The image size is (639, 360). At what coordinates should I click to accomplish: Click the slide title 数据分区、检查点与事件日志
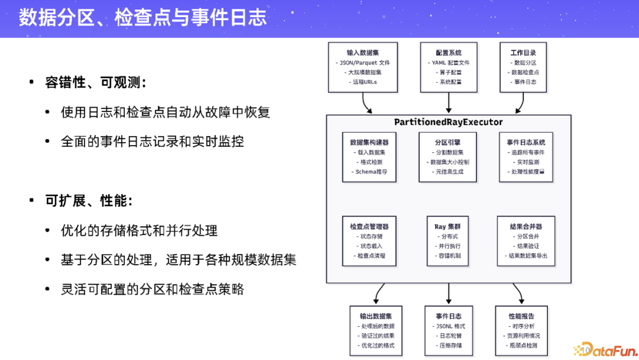(143, 18)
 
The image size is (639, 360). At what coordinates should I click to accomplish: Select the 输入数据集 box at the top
(362, 67)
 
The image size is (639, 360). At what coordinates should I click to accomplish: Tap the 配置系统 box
(448, 67)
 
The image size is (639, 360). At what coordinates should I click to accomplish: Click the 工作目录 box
(522, 67)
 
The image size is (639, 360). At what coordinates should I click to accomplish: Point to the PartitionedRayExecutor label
(448, 122)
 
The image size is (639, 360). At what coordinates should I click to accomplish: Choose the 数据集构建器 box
(369, 157)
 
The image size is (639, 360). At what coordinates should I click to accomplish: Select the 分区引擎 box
(448, 157)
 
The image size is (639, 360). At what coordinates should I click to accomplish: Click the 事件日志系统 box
(525, 157)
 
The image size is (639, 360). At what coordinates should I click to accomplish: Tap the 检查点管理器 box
(369, 241)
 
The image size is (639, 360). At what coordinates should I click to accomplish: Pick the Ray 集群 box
(448, 241)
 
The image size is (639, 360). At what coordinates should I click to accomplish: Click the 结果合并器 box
(525, 241)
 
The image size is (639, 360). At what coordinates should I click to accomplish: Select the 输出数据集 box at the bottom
(376, 330)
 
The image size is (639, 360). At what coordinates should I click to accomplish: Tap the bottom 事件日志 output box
(448, 330)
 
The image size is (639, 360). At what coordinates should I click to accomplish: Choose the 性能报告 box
(521, 330)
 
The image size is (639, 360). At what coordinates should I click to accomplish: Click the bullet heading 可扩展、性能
(89, 201)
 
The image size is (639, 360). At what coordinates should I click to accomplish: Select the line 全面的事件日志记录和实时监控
(152, 142)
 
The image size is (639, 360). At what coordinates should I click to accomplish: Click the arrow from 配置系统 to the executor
(448, 104)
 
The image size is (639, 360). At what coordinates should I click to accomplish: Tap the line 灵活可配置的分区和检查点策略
(152, 289)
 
